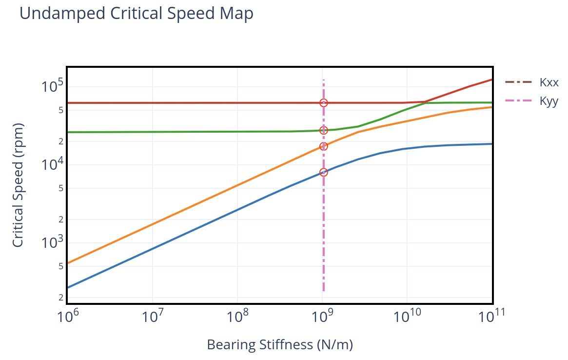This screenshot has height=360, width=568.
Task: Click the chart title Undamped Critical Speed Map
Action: coord(136,14)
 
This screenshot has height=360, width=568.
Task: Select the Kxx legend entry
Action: coord(531,82)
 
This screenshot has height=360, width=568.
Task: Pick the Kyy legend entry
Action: coord(531,100)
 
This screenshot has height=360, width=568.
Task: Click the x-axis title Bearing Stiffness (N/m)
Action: coord(280,344)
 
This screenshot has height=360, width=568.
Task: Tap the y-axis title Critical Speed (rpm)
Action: coord(18,185)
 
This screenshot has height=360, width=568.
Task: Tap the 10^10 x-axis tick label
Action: coord(407,316)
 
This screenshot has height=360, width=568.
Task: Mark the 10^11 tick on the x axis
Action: coord(491,316)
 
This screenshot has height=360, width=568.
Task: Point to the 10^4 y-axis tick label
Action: coord(53,164)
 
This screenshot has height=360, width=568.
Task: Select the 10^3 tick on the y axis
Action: coord(53,242)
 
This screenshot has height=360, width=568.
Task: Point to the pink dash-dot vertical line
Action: coord(323,185)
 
